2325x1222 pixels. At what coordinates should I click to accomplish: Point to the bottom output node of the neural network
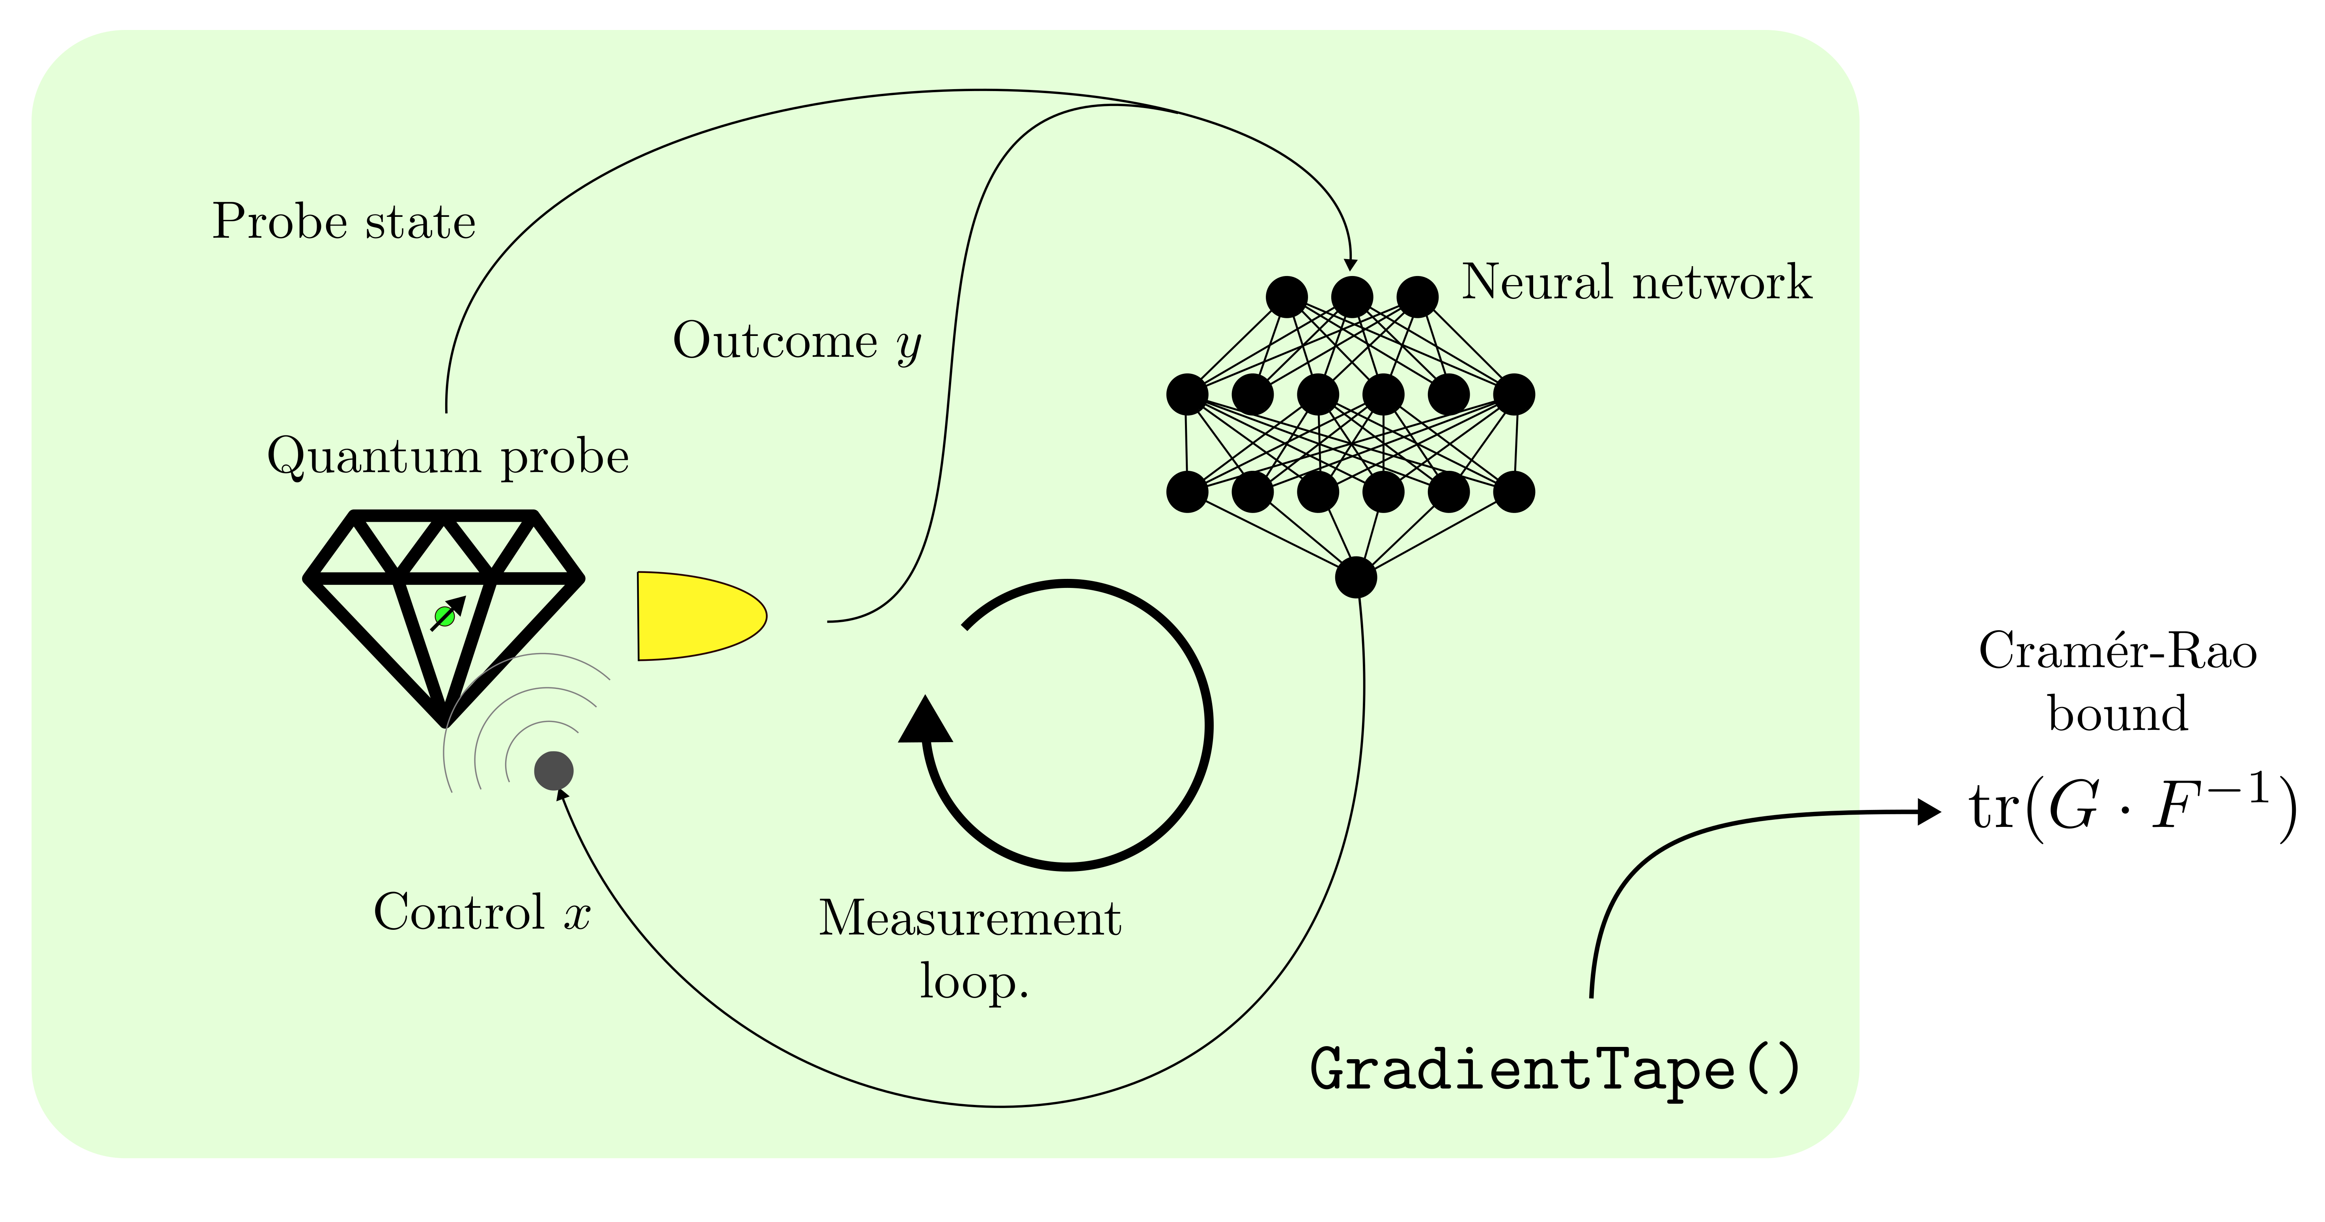[1356, 577]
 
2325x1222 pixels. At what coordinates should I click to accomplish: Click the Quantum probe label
[448, 457]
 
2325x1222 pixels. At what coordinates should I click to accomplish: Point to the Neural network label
[1636, 282]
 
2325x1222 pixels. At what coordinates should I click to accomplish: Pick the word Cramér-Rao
[2118, 651]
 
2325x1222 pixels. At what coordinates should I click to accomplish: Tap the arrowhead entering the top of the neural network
[1350, 265]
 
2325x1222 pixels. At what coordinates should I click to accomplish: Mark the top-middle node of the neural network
[1352, 296]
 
